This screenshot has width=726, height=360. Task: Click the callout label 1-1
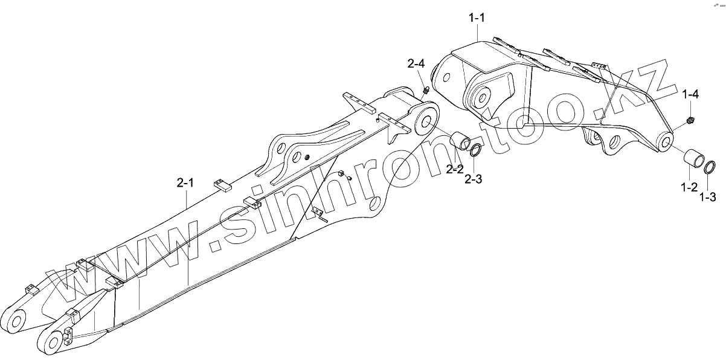[x=477, y=18]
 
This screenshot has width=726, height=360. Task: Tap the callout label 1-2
[x=689, y=188]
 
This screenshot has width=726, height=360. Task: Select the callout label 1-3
[x=708, y=197]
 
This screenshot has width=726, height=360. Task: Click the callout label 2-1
[x=185, y=183]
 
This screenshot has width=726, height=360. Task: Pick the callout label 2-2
[x=454, y=170]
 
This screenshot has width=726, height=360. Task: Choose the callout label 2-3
[x=474, y=179]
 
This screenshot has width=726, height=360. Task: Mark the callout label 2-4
[x=416, y=63]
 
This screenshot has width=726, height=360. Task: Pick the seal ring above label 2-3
[x=475, y=150]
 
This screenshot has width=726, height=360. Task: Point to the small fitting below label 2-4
[x=425, y=91]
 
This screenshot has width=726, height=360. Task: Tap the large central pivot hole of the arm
[x=483, y=96]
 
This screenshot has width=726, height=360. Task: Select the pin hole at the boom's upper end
[x=425, y=121]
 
